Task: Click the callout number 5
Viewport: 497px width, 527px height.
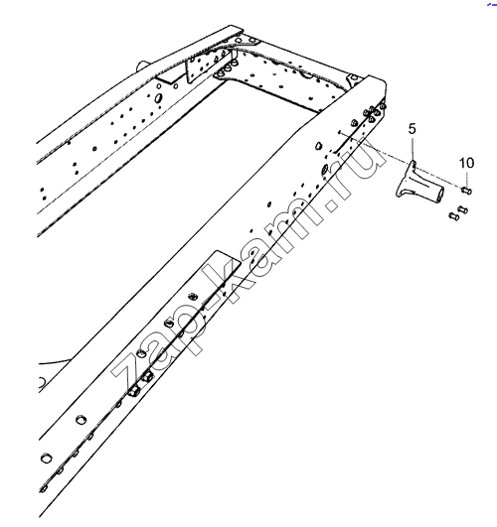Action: [413, 129]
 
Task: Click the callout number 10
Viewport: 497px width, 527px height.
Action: [467, 163]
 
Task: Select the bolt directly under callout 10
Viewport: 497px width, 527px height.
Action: [466, 191]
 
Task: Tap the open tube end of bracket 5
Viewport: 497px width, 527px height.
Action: [438, 195]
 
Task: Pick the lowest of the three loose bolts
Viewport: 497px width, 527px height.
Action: [454, 216]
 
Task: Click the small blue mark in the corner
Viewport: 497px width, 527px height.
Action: [492, 4]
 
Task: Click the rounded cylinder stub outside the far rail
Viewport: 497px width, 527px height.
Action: [143, 65]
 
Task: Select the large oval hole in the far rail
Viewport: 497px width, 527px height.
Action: [158, 98]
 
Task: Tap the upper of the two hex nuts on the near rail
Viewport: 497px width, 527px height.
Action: [147, 376]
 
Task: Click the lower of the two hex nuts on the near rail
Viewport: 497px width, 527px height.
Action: [134, 391]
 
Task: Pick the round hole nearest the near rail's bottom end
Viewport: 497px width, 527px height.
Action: [46, 458]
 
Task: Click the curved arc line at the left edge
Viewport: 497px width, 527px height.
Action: [54, 362]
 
